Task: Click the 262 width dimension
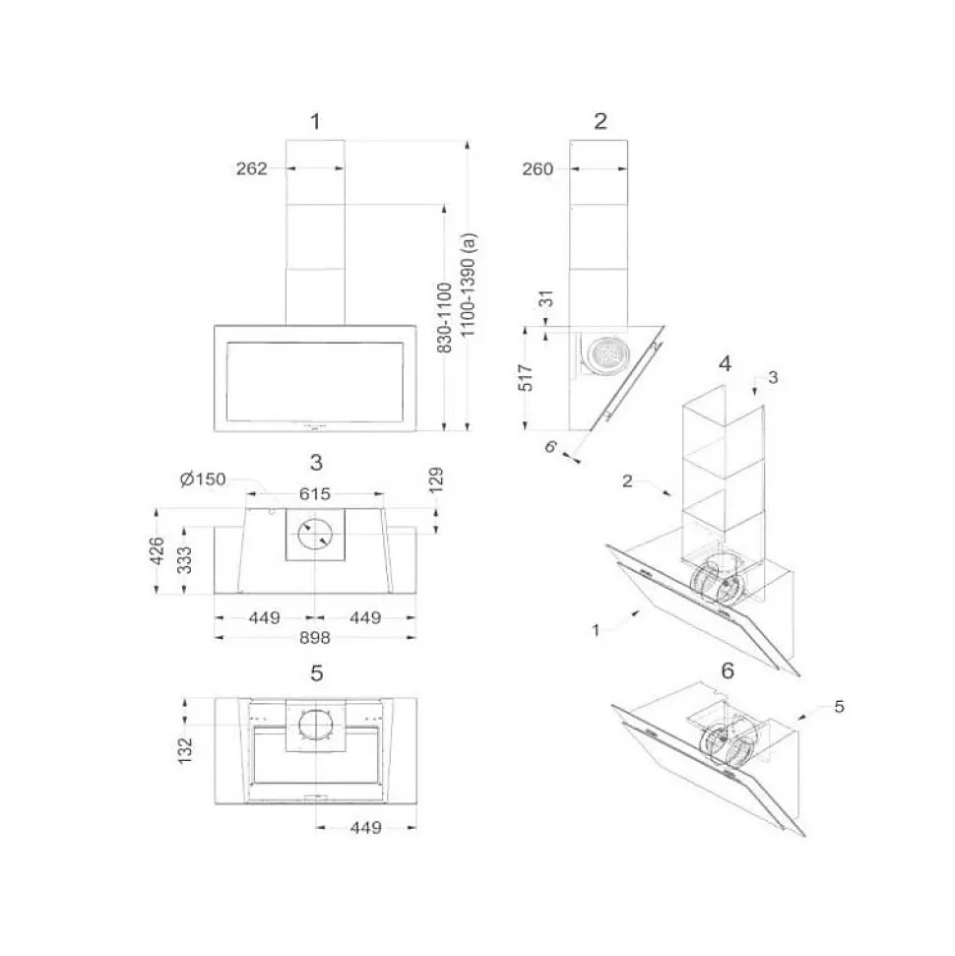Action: [x=252, y=168]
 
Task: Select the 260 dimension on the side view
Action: [x=538, y=168]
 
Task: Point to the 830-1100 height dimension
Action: [x=444, y=318]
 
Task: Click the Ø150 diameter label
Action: [x=203, y=479]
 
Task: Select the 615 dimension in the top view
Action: [x=315, y=494]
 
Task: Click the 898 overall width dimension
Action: [x=315, y=638]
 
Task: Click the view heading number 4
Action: [x=725, y=362]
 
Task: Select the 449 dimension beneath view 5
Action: [x=365, y=828]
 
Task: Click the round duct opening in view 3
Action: [x=316, y=535]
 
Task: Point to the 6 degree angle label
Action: [x=552, y=446]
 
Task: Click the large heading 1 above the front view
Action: [x=315, y=122]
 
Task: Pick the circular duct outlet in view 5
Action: [x=316, y=726]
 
